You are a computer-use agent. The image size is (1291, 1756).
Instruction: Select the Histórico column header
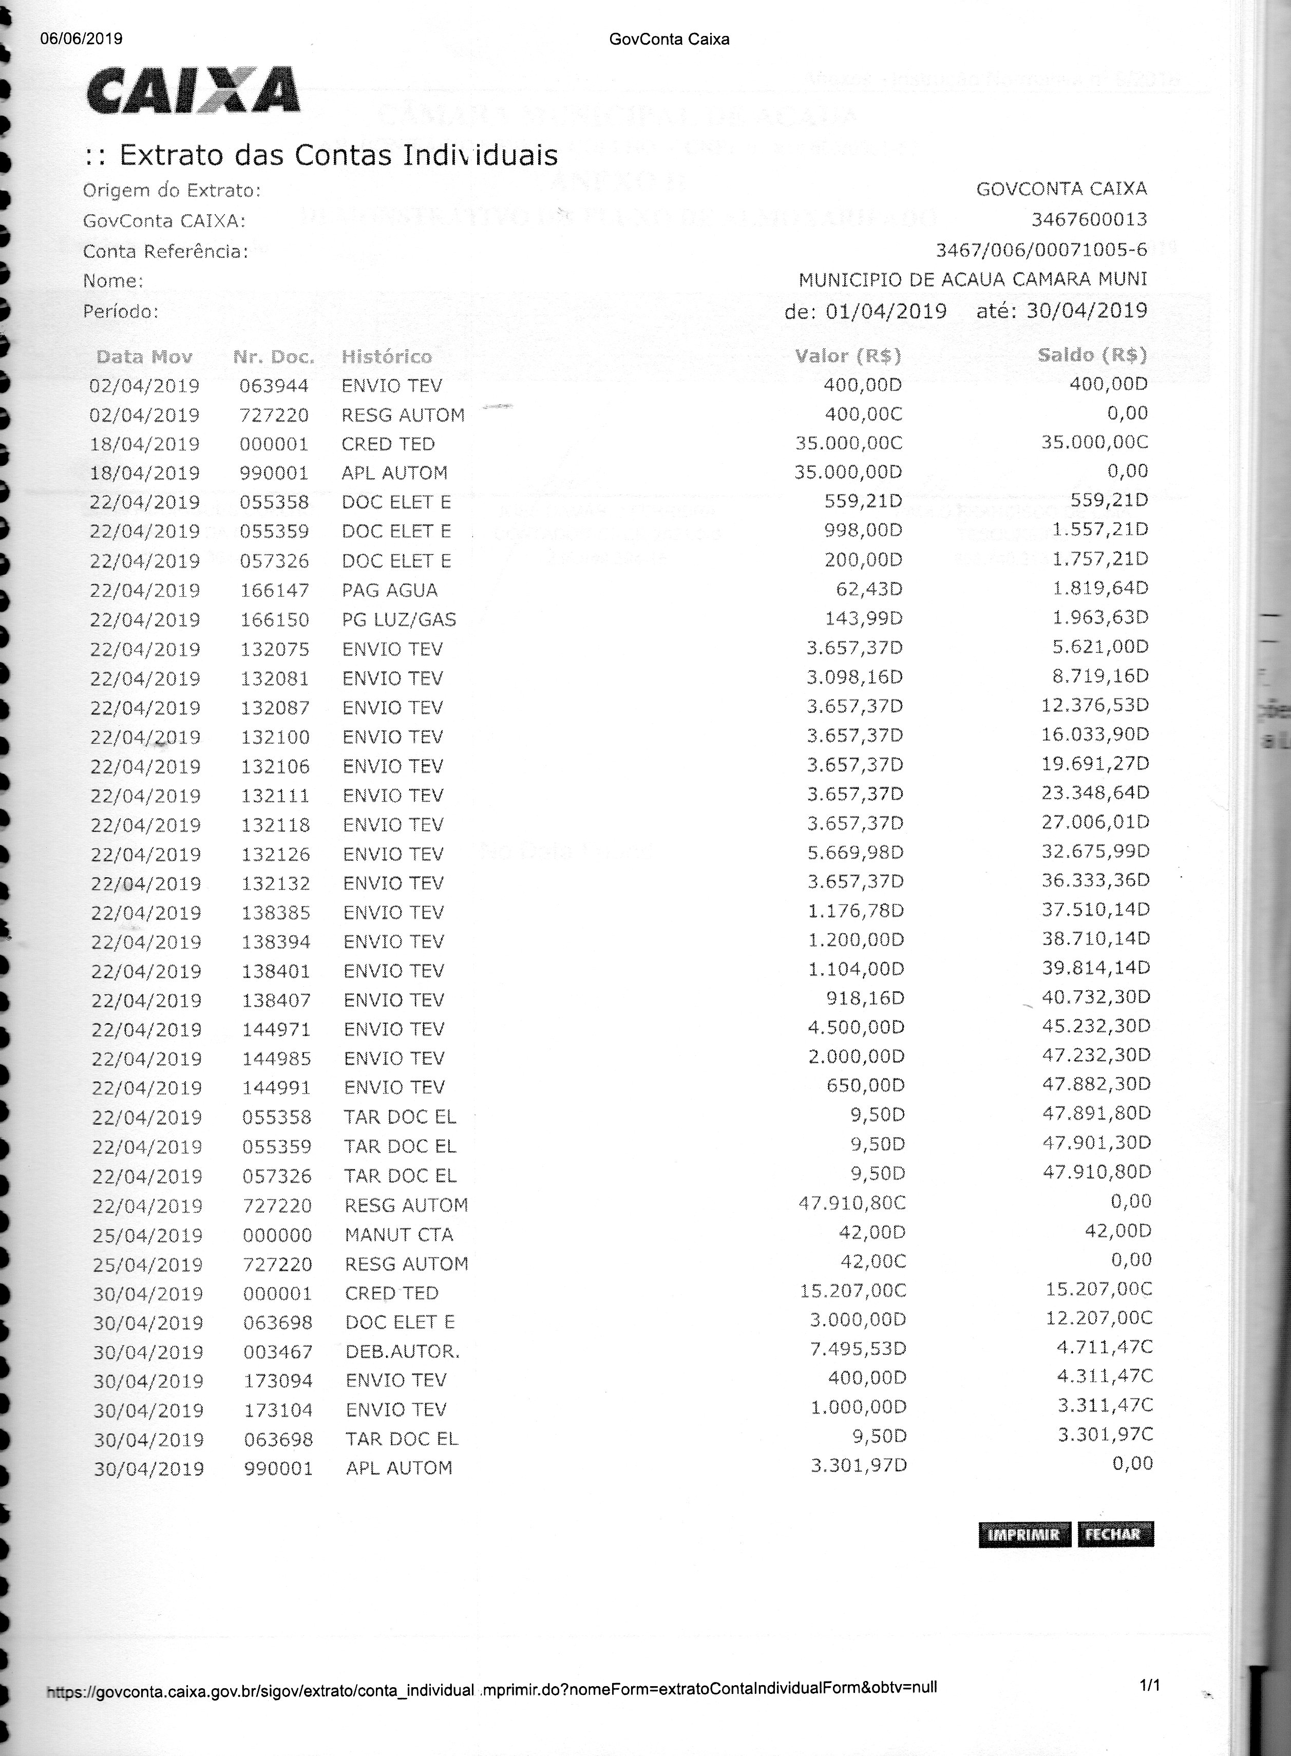pos(386,357)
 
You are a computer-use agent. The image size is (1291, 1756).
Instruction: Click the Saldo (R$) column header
pos(1092,355)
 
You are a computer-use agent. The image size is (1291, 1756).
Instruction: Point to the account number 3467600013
pos(1089,220)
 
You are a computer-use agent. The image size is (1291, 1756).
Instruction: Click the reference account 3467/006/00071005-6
pos(1041,250)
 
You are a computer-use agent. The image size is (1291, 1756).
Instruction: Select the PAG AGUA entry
pos(389,591)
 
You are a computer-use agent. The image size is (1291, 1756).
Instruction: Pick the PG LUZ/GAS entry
pos(398,620)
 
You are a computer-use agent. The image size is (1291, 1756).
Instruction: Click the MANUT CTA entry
pos(398,1235)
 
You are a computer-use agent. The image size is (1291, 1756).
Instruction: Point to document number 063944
pos(274,386)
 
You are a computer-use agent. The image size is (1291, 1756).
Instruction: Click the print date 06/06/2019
pos(81,39)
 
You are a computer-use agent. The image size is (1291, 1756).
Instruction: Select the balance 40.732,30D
pos(1096,997)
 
